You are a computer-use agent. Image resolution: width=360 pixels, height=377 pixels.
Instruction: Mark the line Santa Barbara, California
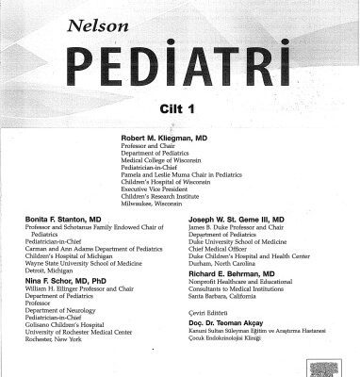pos(235,298)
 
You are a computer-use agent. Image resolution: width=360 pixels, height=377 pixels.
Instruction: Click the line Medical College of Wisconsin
pos(159,160)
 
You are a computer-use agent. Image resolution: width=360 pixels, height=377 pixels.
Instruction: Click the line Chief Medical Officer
pos(224,252)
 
